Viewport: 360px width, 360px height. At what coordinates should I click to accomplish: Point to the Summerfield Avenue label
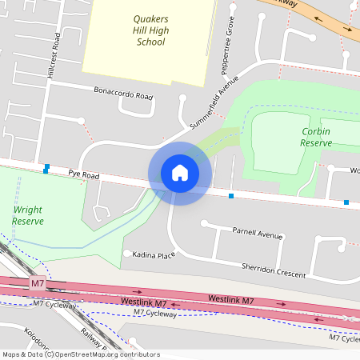pyautogui.click(x=215, y=104)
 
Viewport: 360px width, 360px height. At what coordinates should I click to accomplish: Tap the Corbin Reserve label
pyautogui.click(x=315, y=136)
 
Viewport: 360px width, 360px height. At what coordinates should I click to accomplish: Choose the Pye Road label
pyautogui.click(x=83, y=173)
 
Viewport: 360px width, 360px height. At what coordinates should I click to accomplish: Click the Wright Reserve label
pyautogui.click(x=28, y=214)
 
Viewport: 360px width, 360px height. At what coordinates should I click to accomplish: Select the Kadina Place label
pyautogui.click(x=154, y=254)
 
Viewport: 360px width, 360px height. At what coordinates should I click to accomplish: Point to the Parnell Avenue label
pyautogui.click(x=258, y=234)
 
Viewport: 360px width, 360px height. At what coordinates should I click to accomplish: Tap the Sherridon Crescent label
pyautogui.click(x=274, y=269)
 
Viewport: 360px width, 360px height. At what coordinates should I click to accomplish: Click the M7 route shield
pyautogui.click(x=38, y=283)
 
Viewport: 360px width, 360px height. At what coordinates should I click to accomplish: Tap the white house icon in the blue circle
pyautogui.click(x=179, y=173)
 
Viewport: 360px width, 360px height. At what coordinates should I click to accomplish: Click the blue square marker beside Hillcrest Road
pyautogui.click(x=47, y=168)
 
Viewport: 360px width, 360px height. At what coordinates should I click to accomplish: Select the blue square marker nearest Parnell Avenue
pyautogui.click(x=231, y=195)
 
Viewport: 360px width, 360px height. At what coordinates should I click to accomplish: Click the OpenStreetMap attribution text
pyautogui.click(x=81, y=354)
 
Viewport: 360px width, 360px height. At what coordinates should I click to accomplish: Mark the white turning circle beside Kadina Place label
pyautogui.click(x=126, y=254)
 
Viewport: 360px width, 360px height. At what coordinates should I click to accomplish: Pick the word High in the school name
pyautogui.click(x=159, y=30)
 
